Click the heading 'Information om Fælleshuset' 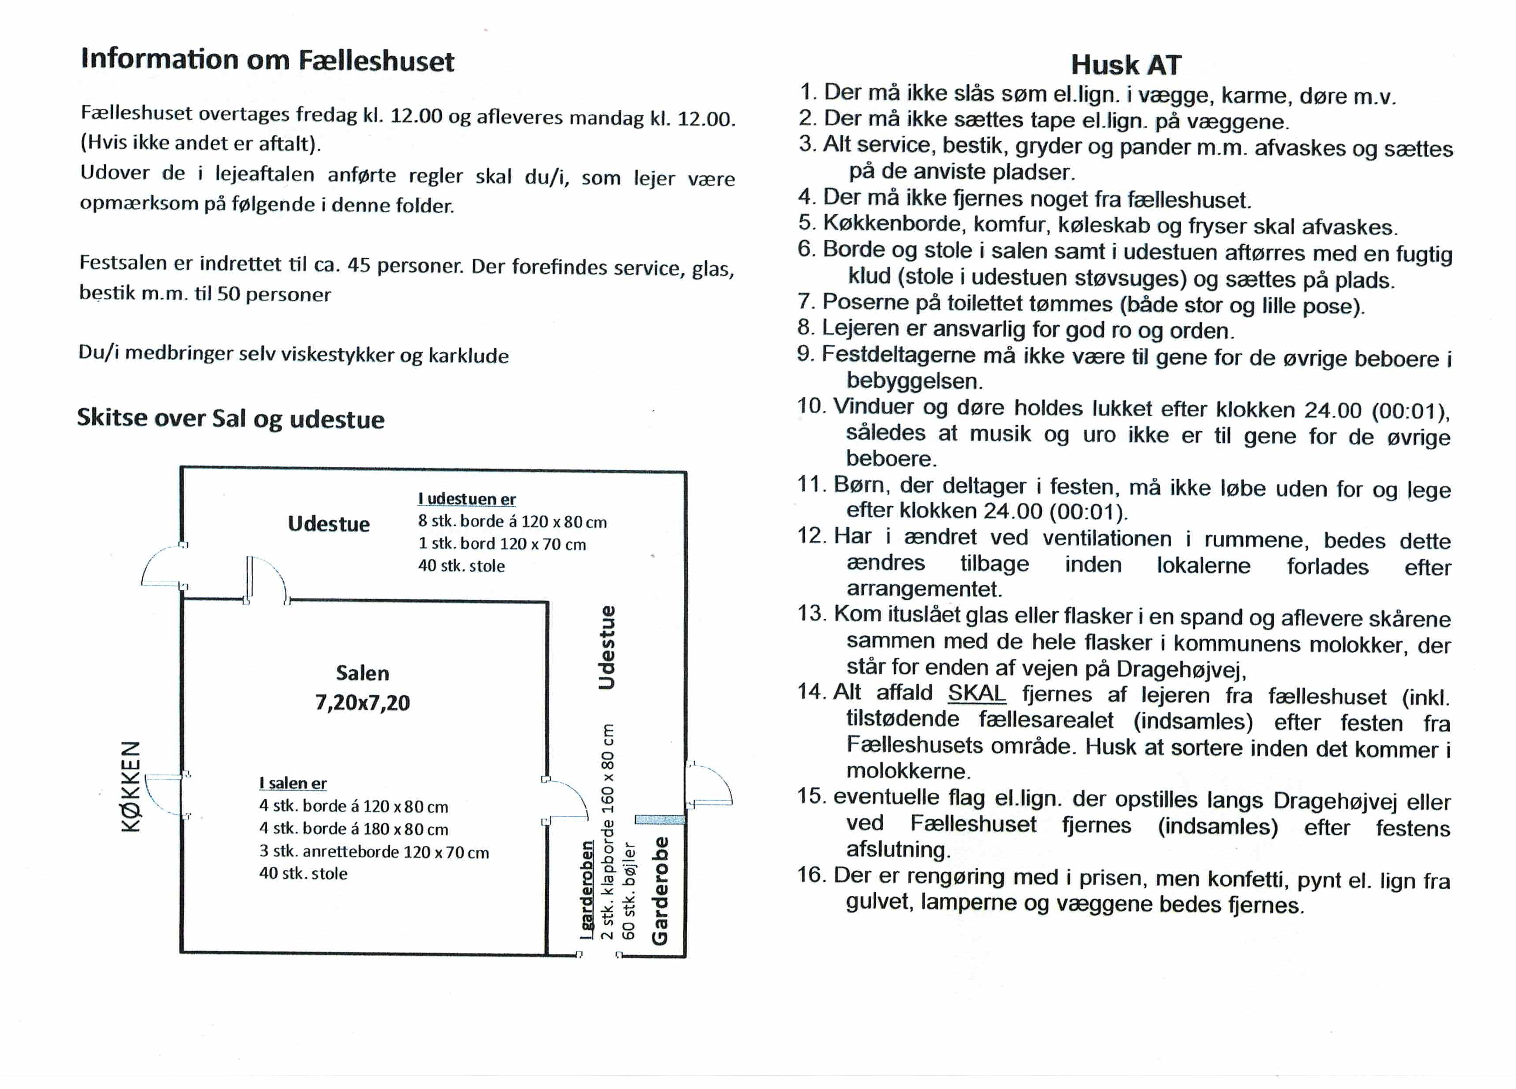[x=267, y=60]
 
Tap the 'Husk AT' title [x=1126, y=65]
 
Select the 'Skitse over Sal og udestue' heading [x=231, y=418]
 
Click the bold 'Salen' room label [x=362, y=673]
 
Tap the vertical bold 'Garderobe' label [x=660, y=891]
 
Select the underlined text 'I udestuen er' [x=467, y=499]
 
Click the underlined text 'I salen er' [x=293, y=783]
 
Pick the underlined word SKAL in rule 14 [x=976, y=693]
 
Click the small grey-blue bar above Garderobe [x=660, y=819]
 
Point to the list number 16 [x=812, y=875]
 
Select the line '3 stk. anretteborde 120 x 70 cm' [x=374, y=852]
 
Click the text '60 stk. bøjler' [x=628, y=890]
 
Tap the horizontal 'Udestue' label [x=328, y=524]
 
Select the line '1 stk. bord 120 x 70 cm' [x=502, y=544]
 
